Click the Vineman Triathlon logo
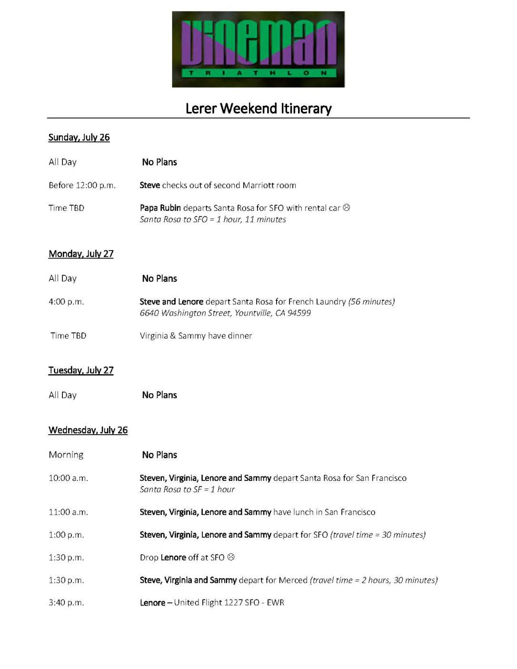click(x=258, y=49)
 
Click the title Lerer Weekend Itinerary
click(x=258, y=109)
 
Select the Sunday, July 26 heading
click(x=79, y=138)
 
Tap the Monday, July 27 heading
click(x=81, y=254)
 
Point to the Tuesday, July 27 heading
click(x=81, y=370)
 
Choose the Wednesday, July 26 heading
click(x=88, y=430)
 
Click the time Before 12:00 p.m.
click(x=82, y=185)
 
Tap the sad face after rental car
click(x=347, y=208)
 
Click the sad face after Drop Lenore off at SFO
click(x=231, y=557)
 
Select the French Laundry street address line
click(x=225, y=313)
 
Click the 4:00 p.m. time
click(x=66, y=302)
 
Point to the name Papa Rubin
click(x=160, y=208)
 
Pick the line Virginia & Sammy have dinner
click(x=196, y=336)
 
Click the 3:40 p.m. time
click(x=66, y=603)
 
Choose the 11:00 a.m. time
click(x=68, y=512)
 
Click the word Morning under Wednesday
click(x=66, y=455)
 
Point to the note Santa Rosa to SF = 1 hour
click(x=187, y=489)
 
